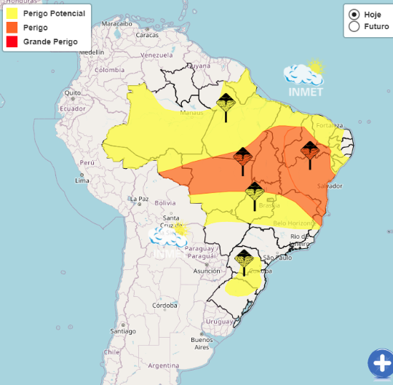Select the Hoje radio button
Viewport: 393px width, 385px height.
pos(354,14)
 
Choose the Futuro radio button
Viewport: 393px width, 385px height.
pos(354,26)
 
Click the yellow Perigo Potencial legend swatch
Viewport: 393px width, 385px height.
pos(12,14)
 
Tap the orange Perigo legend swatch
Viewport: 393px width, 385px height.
pos(12,28)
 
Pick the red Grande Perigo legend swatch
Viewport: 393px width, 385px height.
pos(12,41)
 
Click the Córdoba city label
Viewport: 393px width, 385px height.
pos(166,306)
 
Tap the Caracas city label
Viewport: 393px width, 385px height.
pos(146,34)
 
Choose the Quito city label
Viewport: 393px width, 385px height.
pos(71,92)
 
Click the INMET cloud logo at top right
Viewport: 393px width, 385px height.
pos(304,76)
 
